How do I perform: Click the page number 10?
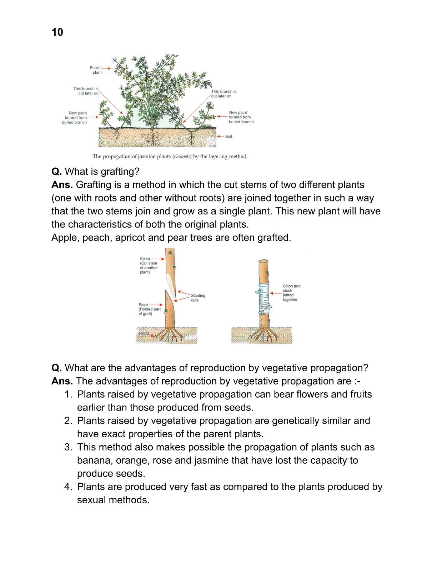pyautogui.click(x=57, y=32)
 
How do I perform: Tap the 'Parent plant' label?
pyautogui.click(x=96, y=70)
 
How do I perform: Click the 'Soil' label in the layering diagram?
pyautogui.click(x=228, y=136)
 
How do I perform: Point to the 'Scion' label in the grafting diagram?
pyautogui.click(x=145, y=259)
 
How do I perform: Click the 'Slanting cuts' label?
pyautogui.click(x=198, y=297)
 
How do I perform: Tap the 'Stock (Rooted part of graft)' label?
pyautogui.click(x=149, y=309)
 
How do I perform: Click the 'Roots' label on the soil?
pyautogui.click(x=144, y=333)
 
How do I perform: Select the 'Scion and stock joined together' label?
pyautogui.click(x=291, y=293)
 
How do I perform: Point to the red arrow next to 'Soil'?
pyautogui.click(x=221, y=136)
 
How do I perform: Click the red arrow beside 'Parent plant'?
pyautogui.click(x=106, y=68)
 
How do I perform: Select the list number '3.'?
pyautogui.click(x=68, y=447)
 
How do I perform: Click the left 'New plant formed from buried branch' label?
pyautogui.click(x=75, y=117)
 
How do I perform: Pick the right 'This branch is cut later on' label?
pyautogui.click(x=223, y=94)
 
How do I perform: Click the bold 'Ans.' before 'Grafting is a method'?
pyautogui.click(x=62, y=185)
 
